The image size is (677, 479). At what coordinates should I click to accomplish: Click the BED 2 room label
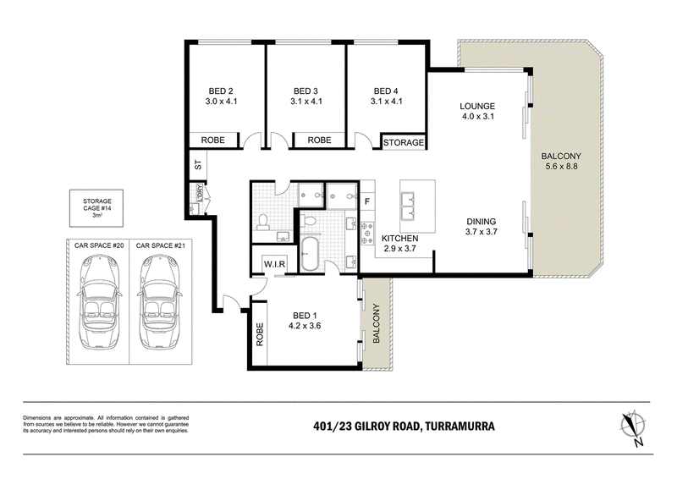click(221, 91)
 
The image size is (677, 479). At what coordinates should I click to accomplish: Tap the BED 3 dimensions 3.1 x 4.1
click(306, 102)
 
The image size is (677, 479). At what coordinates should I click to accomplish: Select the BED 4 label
click(386, 91)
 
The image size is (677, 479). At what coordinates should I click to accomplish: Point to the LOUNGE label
click(477, 106)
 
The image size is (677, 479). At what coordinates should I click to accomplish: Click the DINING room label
click(481, 221)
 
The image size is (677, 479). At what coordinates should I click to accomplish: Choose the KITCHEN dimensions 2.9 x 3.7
click(399, 248)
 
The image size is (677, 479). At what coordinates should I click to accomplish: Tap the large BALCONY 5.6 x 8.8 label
click(561, 161)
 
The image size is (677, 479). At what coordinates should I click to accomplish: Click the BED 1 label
click(305, 316)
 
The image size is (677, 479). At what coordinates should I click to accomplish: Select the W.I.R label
click(274, 264)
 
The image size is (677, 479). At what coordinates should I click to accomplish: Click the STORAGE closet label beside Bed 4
click(404, 142)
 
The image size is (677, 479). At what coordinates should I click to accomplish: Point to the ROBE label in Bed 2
click(213, 140)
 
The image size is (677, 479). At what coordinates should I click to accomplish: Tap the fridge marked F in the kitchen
click(367, 201)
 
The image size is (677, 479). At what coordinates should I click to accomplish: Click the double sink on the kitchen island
click(408, 206)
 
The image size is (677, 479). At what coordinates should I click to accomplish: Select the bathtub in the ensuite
click(309, 253)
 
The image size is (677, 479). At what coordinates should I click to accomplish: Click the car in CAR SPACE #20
click(99, 300)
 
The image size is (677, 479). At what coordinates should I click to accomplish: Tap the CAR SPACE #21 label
click(160, 245)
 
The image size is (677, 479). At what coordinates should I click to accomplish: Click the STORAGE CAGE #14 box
click(96, 208)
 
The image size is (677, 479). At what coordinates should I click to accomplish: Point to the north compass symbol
click(633, 427)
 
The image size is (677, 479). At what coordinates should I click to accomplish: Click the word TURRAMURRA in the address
click(460, 427)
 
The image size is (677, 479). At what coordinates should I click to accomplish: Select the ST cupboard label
click(198, 164)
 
